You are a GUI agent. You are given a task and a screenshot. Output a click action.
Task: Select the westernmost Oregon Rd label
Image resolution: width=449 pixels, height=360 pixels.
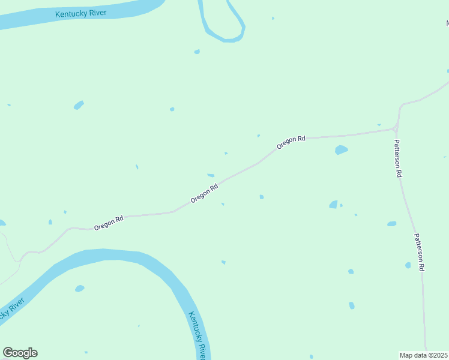tap(109, 223)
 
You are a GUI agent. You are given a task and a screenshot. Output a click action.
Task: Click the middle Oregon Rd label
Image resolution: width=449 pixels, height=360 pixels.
tap(204, 193)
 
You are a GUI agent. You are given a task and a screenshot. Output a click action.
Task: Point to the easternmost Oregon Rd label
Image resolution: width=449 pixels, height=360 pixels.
tap(291, 142)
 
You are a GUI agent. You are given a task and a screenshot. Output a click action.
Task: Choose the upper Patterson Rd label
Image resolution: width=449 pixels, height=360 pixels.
tap(397, 158)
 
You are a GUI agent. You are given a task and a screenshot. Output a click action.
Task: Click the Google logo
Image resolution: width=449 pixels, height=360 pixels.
tap(20, 353)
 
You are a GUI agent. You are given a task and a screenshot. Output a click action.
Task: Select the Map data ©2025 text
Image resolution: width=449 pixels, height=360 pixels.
tap(424, 355)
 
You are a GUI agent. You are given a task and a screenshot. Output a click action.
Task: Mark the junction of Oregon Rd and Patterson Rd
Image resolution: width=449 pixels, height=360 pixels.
tap(396, 128)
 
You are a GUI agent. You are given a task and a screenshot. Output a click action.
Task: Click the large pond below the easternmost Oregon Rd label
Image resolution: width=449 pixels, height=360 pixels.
tap(341, 149)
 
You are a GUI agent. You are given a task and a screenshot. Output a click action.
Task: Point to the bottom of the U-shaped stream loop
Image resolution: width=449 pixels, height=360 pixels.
tap(231, 40)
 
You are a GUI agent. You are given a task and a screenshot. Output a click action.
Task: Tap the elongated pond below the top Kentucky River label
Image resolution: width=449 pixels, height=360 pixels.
tap(79, 106)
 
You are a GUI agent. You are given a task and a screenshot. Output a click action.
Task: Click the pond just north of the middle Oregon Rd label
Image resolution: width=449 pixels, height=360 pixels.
tap(211, 175)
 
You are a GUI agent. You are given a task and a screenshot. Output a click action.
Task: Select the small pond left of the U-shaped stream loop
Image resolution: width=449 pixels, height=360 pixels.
tap(197, 52)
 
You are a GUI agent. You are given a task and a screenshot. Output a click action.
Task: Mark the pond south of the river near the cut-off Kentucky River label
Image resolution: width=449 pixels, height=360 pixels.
tap(79, 289)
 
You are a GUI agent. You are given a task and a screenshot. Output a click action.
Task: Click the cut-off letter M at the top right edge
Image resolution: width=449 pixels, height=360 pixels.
tap(447, 23)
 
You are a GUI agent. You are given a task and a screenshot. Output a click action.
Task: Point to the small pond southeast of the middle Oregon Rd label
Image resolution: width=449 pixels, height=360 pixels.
tap(261, 197)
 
